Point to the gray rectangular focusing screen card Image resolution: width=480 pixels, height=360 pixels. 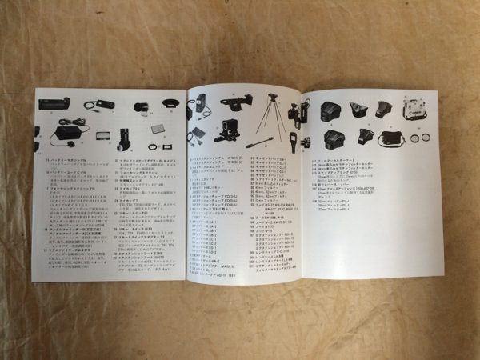click(x=158, y=126)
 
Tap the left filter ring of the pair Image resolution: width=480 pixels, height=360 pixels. click(x=415, y=138)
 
